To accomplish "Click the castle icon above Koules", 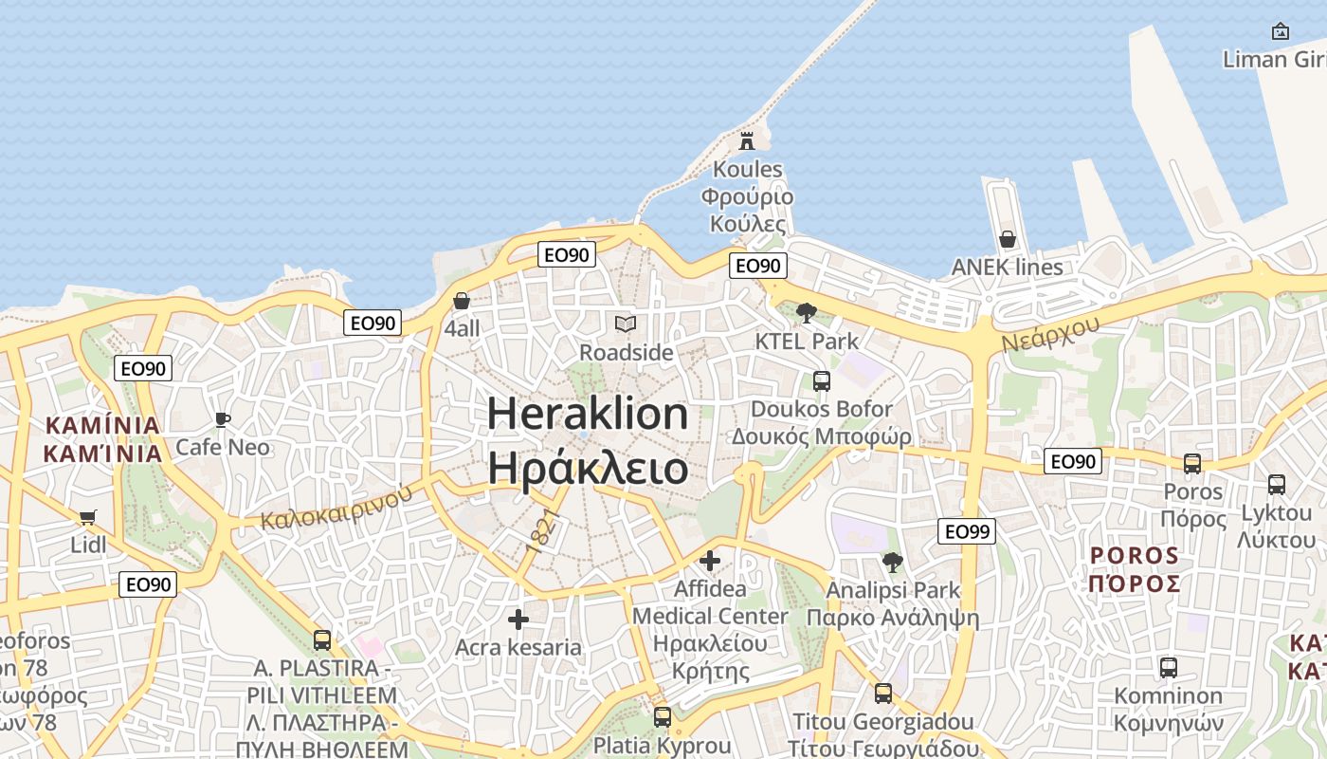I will point(747,141).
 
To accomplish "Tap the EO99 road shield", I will point(967,531).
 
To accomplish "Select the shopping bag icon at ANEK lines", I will point(1007,239).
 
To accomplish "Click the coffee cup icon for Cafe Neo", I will point(223,419).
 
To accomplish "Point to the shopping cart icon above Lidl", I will point(88,517).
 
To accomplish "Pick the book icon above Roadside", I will point(626,324).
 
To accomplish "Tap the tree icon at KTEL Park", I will point(807,312).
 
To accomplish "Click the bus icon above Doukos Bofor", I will point(822,381).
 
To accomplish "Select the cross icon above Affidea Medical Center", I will point(710,561).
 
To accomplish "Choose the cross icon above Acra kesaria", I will point(518,620).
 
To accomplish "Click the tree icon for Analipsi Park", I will point(892,562).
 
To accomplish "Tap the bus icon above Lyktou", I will point(1277,485).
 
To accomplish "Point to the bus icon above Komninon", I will point(1169,667).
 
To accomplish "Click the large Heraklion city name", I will point(588,415).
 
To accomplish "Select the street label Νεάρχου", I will point(1049,334).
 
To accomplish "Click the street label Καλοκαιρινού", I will point(337,507).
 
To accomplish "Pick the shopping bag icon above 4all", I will point(462,301).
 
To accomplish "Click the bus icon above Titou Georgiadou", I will point(883,694).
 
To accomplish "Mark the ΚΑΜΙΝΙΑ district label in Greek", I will point(103,453).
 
